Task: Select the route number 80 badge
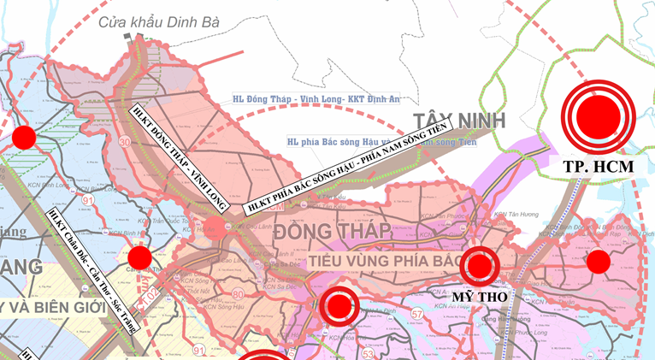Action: tap(238, 295)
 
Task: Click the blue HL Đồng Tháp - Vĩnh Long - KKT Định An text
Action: tap(316, 99)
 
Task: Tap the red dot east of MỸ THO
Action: tap(598, 261)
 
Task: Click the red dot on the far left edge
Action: tap(24, 137)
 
